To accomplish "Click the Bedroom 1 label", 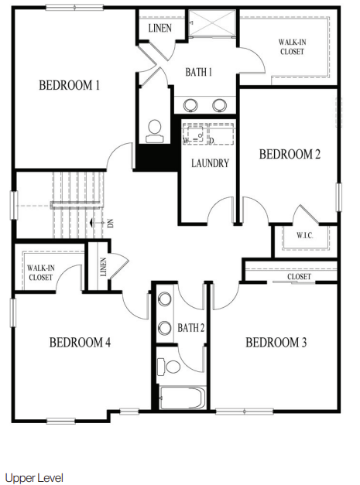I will click(70, 86).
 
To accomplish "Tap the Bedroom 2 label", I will click(290, 154).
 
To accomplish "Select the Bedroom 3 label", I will click(277, 343).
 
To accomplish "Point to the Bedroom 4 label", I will click(81, 343).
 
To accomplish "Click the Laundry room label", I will click(210, 163).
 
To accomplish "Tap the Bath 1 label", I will click(198, 72).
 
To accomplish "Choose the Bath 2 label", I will click(190, 328).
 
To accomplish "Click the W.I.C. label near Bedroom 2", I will click(305, 234).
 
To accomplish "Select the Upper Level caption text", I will click(34, 478).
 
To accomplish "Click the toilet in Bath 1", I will click(154, 130).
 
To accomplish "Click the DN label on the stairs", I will click(111, 223).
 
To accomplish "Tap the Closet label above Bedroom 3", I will click(299, 277).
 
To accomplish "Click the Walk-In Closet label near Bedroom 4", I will click(40, 272).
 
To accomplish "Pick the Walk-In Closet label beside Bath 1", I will click(292, 47).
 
